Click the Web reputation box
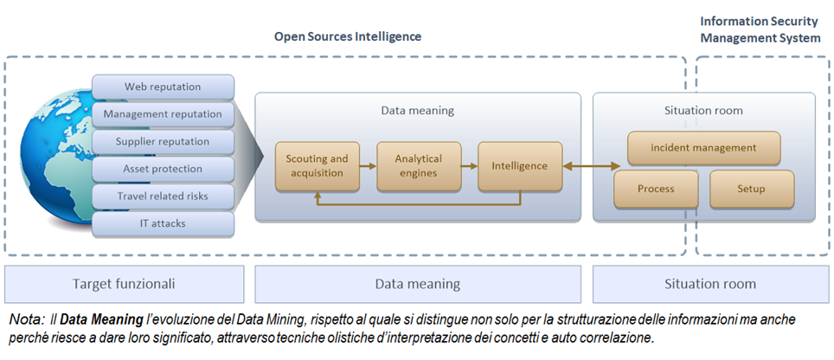(163, 87)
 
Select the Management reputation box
(163, 113)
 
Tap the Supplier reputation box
(163, 141)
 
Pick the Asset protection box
(163, 168)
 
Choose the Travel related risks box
(163, 196)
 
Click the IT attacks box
(163, 223)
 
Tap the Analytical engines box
(418, 165)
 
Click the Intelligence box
(519, 165)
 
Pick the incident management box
(703, 147)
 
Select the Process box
(656, 189)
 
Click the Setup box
(751, 189)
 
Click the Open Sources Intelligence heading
(348, 37)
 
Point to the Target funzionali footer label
(123, 284)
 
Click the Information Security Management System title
(760, 29)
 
